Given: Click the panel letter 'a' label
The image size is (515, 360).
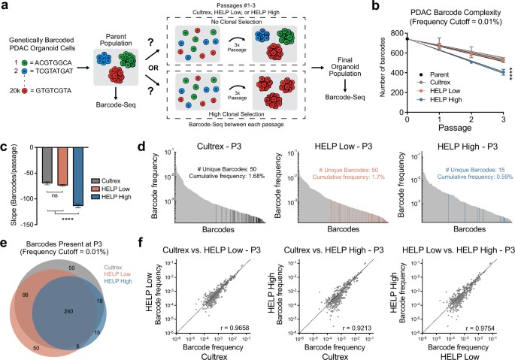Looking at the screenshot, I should pyautogui.click(x=5, y=6).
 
